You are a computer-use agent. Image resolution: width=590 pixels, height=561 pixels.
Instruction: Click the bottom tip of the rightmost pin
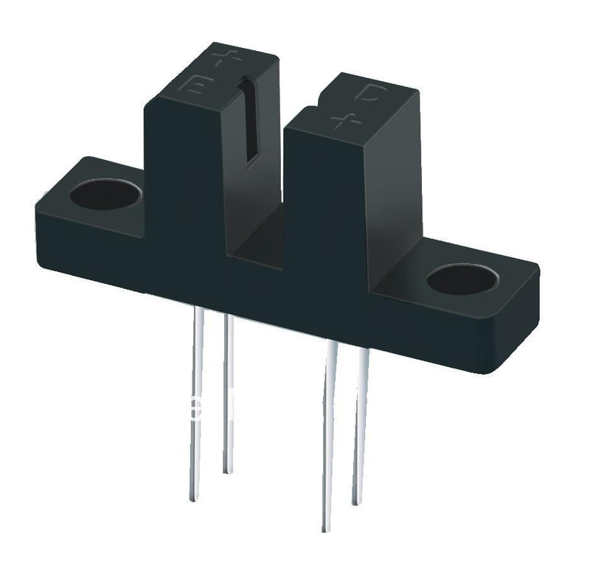pyautogui.click(x=356, y=503)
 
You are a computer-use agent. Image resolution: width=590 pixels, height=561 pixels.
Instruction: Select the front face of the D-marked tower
pyautogui.click(x=324, y=214)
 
